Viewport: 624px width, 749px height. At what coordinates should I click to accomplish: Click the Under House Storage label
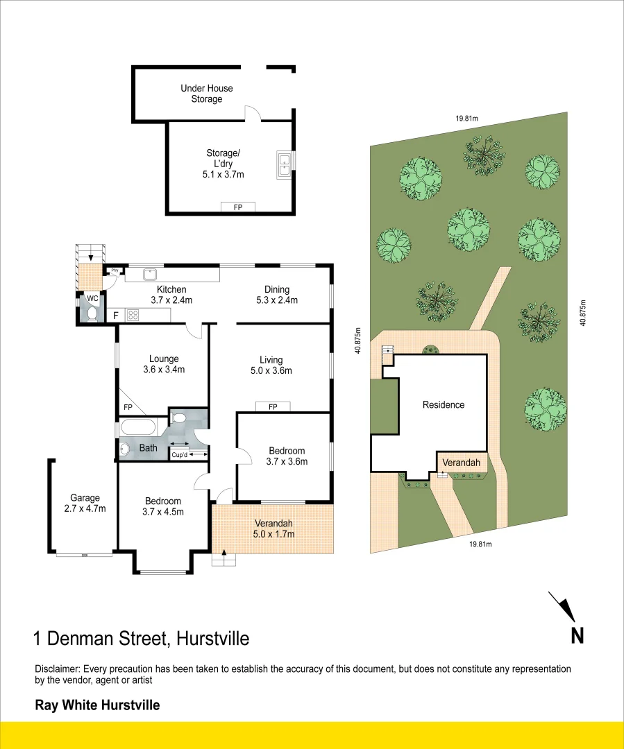207,94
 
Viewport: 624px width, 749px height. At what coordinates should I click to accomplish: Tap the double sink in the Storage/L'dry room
284,164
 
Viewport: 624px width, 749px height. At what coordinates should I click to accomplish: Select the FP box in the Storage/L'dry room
238,207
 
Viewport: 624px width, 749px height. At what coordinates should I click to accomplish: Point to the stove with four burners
133,315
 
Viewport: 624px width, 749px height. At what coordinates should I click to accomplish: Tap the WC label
93,299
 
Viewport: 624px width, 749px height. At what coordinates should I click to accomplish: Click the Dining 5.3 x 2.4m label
277,295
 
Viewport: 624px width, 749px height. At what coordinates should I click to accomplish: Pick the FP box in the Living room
273,406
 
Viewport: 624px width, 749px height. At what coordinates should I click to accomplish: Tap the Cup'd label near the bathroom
179,455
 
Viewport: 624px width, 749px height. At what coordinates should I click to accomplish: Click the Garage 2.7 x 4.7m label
85,503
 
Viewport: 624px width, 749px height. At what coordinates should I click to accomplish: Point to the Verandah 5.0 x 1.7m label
274,528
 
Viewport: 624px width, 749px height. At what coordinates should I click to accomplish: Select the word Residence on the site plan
444,404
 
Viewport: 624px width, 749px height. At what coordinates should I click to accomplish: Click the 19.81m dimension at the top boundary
467,119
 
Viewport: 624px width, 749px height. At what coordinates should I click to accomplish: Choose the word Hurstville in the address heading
212,638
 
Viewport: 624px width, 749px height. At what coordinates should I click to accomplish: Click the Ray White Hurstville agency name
97,705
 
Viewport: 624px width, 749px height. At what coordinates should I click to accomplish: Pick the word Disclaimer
58,669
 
